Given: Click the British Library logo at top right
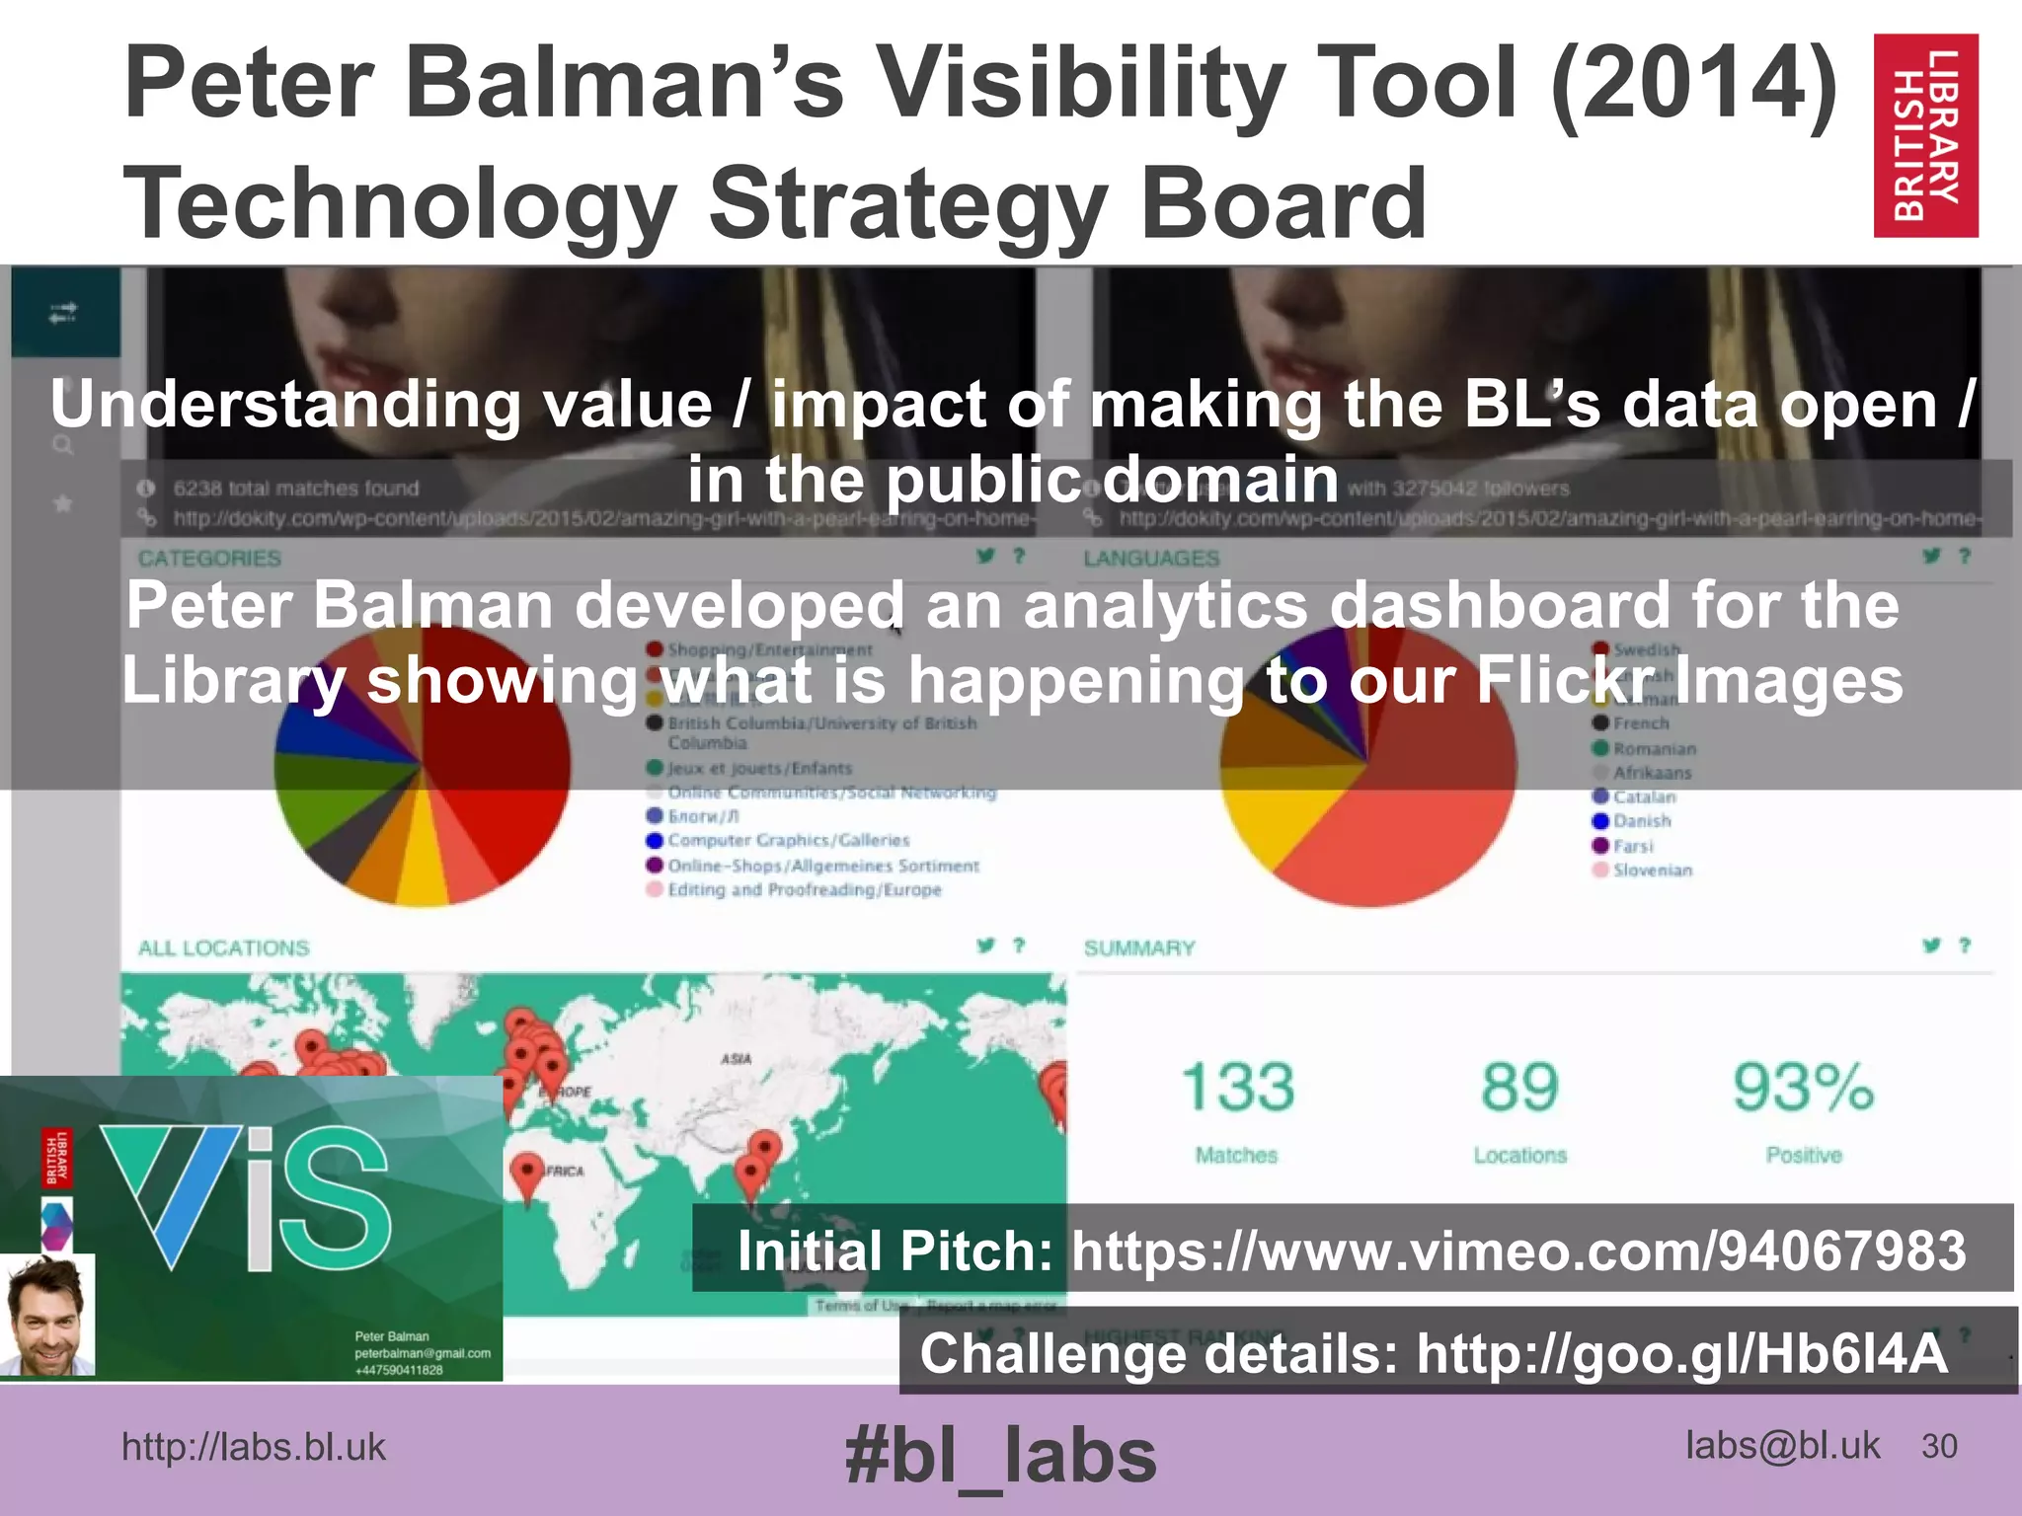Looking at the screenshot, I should coord(1925,135).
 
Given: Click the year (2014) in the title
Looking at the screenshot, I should coord(1694,83).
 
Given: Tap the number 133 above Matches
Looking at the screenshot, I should coord(1238,1087).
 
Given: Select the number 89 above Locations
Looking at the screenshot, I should coord(1519,1087).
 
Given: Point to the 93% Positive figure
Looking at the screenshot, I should coord(1803,1087).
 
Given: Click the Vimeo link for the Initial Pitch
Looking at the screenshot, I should coord(1518,1251).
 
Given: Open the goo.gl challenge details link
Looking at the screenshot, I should coord(1681,1353).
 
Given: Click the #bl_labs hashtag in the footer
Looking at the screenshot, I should coord(1000,1457).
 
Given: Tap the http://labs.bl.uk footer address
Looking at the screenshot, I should coord(254,1448).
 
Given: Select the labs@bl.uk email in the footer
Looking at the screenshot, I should coord(1782,1446).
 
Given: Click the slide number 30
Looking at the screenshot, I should coord(1939,1447).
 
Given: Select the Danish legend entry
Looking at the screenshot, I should coord(1642,821).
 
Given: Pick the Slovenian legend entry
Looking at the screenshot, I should coord(1652,871).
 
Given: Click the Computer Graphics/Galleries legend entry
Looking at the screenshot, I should coord(788,841).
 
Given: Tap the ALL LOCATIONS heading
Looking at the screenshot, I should coord(224,948).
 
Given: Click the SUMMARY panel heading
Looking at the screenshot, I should coord(1139,948).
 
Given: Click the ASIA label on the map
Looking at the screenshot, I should coord(736,1059).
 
